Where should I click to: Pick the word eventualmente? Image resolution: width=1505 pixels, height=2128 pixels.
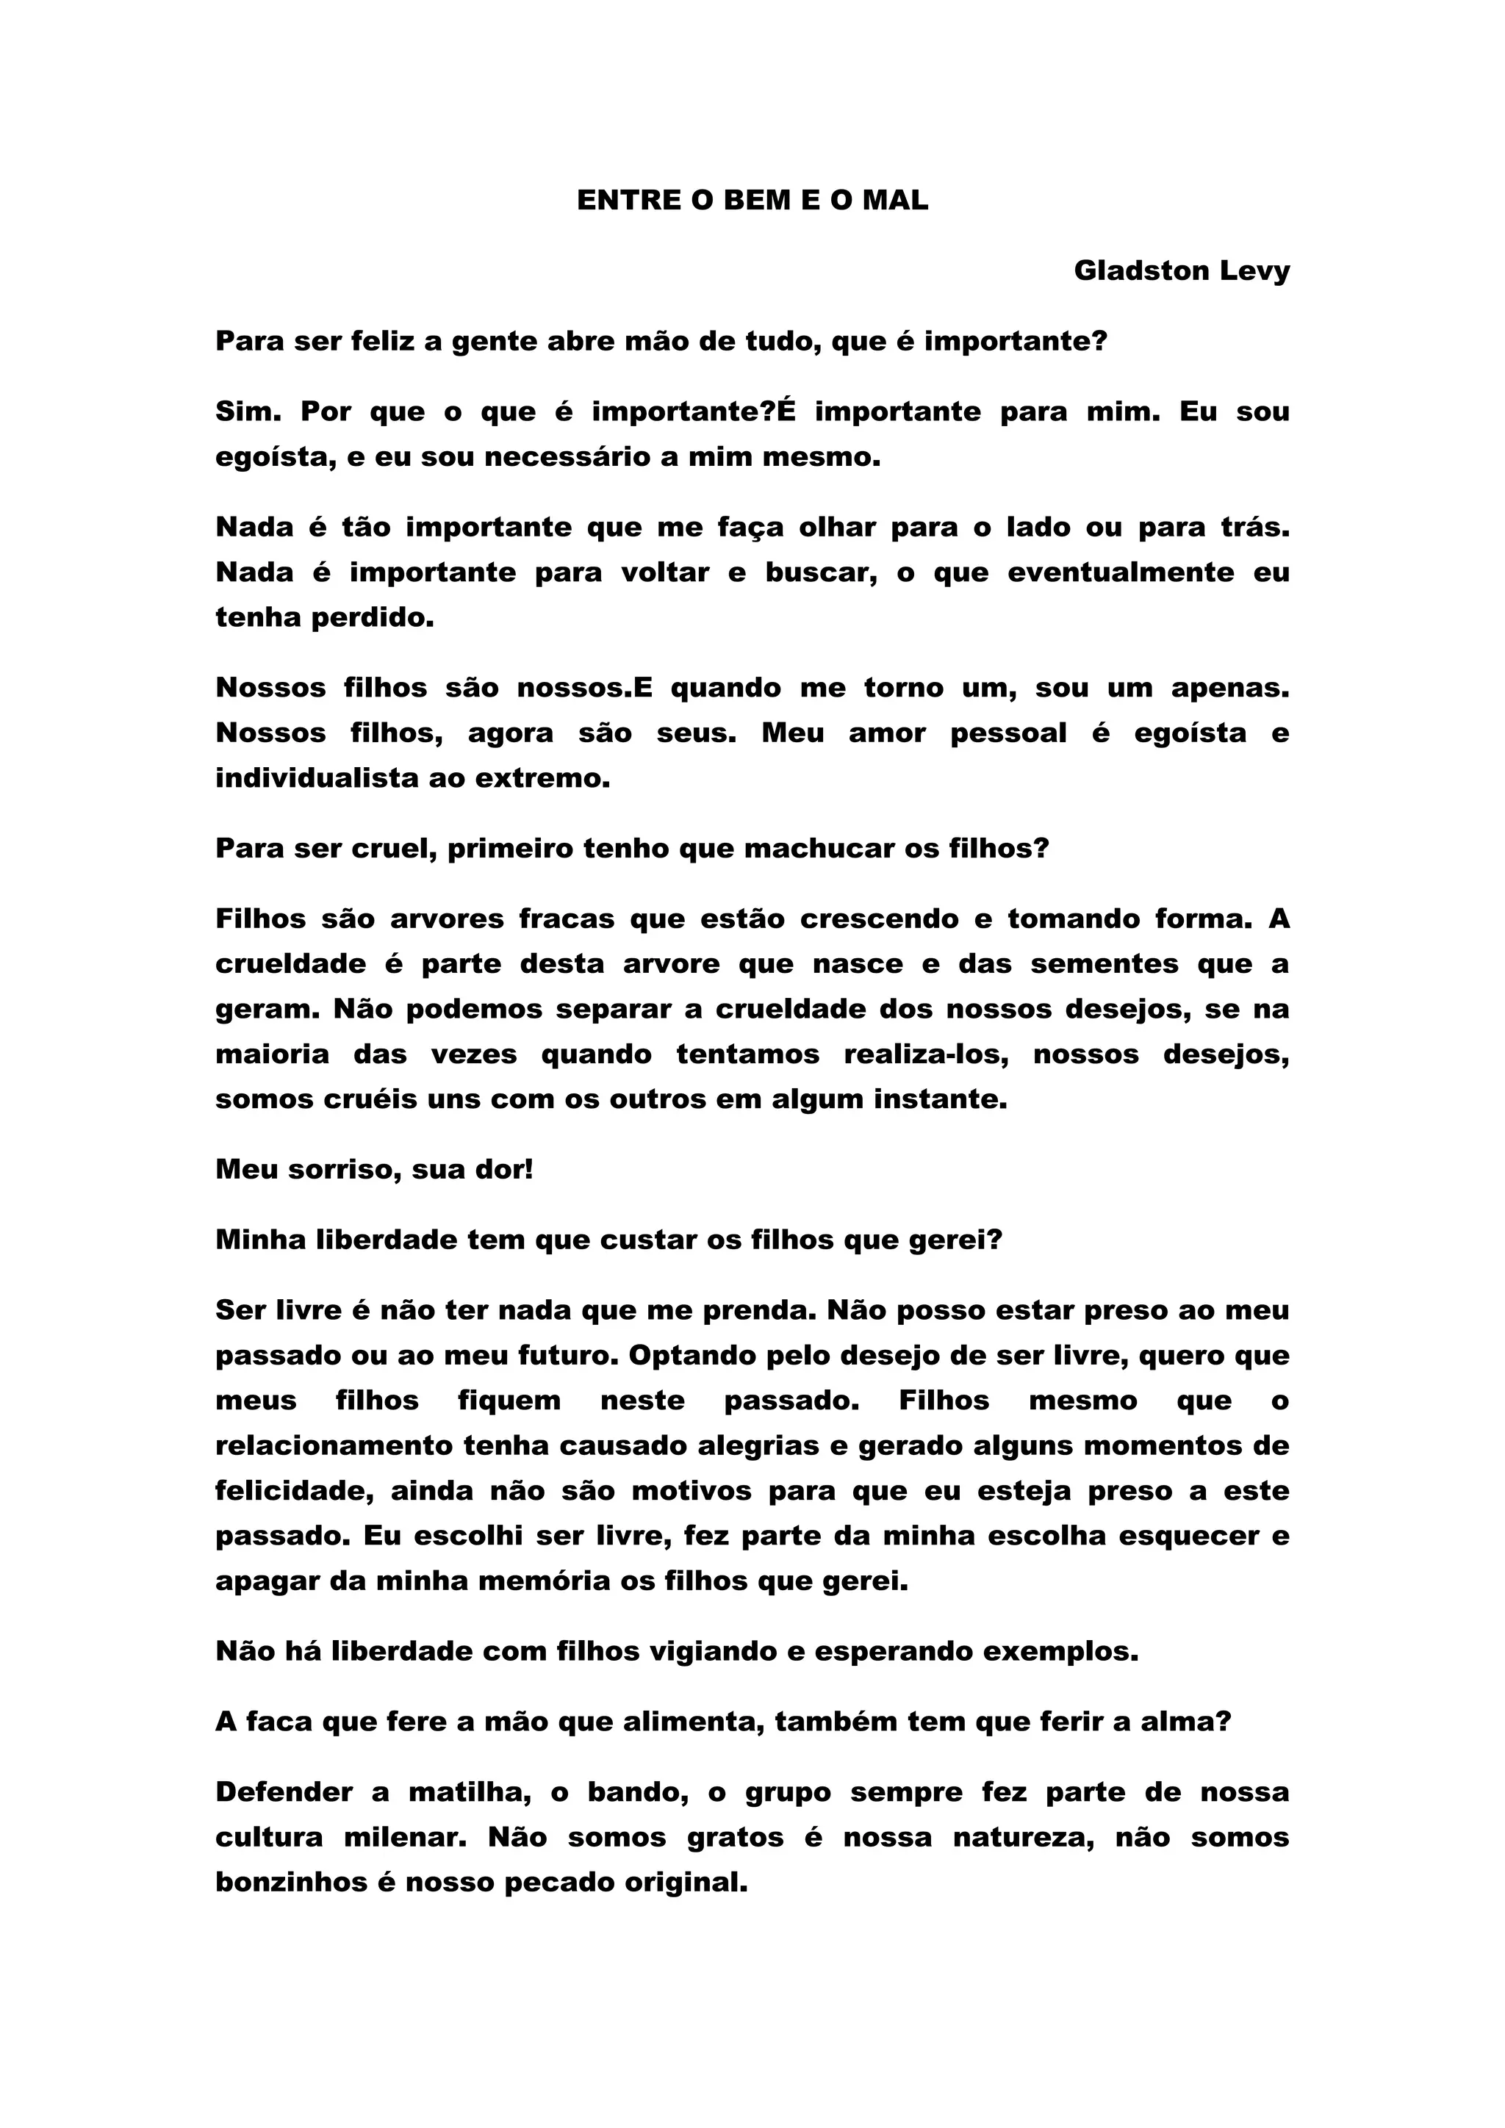pos(1121,572)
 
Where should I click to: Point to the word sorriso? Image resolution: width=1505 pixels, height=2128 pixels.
pos(322,1169)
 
